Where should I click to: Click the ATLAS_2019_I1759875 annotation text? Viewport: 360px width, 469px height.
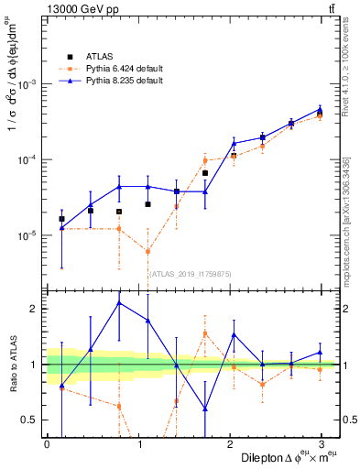[191, 273]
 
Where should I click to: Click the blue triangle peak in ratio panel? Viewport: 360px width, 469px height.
[118, 302]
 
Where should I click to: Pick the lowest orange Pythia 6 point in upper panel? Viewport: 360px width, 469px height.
[147, 252]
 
